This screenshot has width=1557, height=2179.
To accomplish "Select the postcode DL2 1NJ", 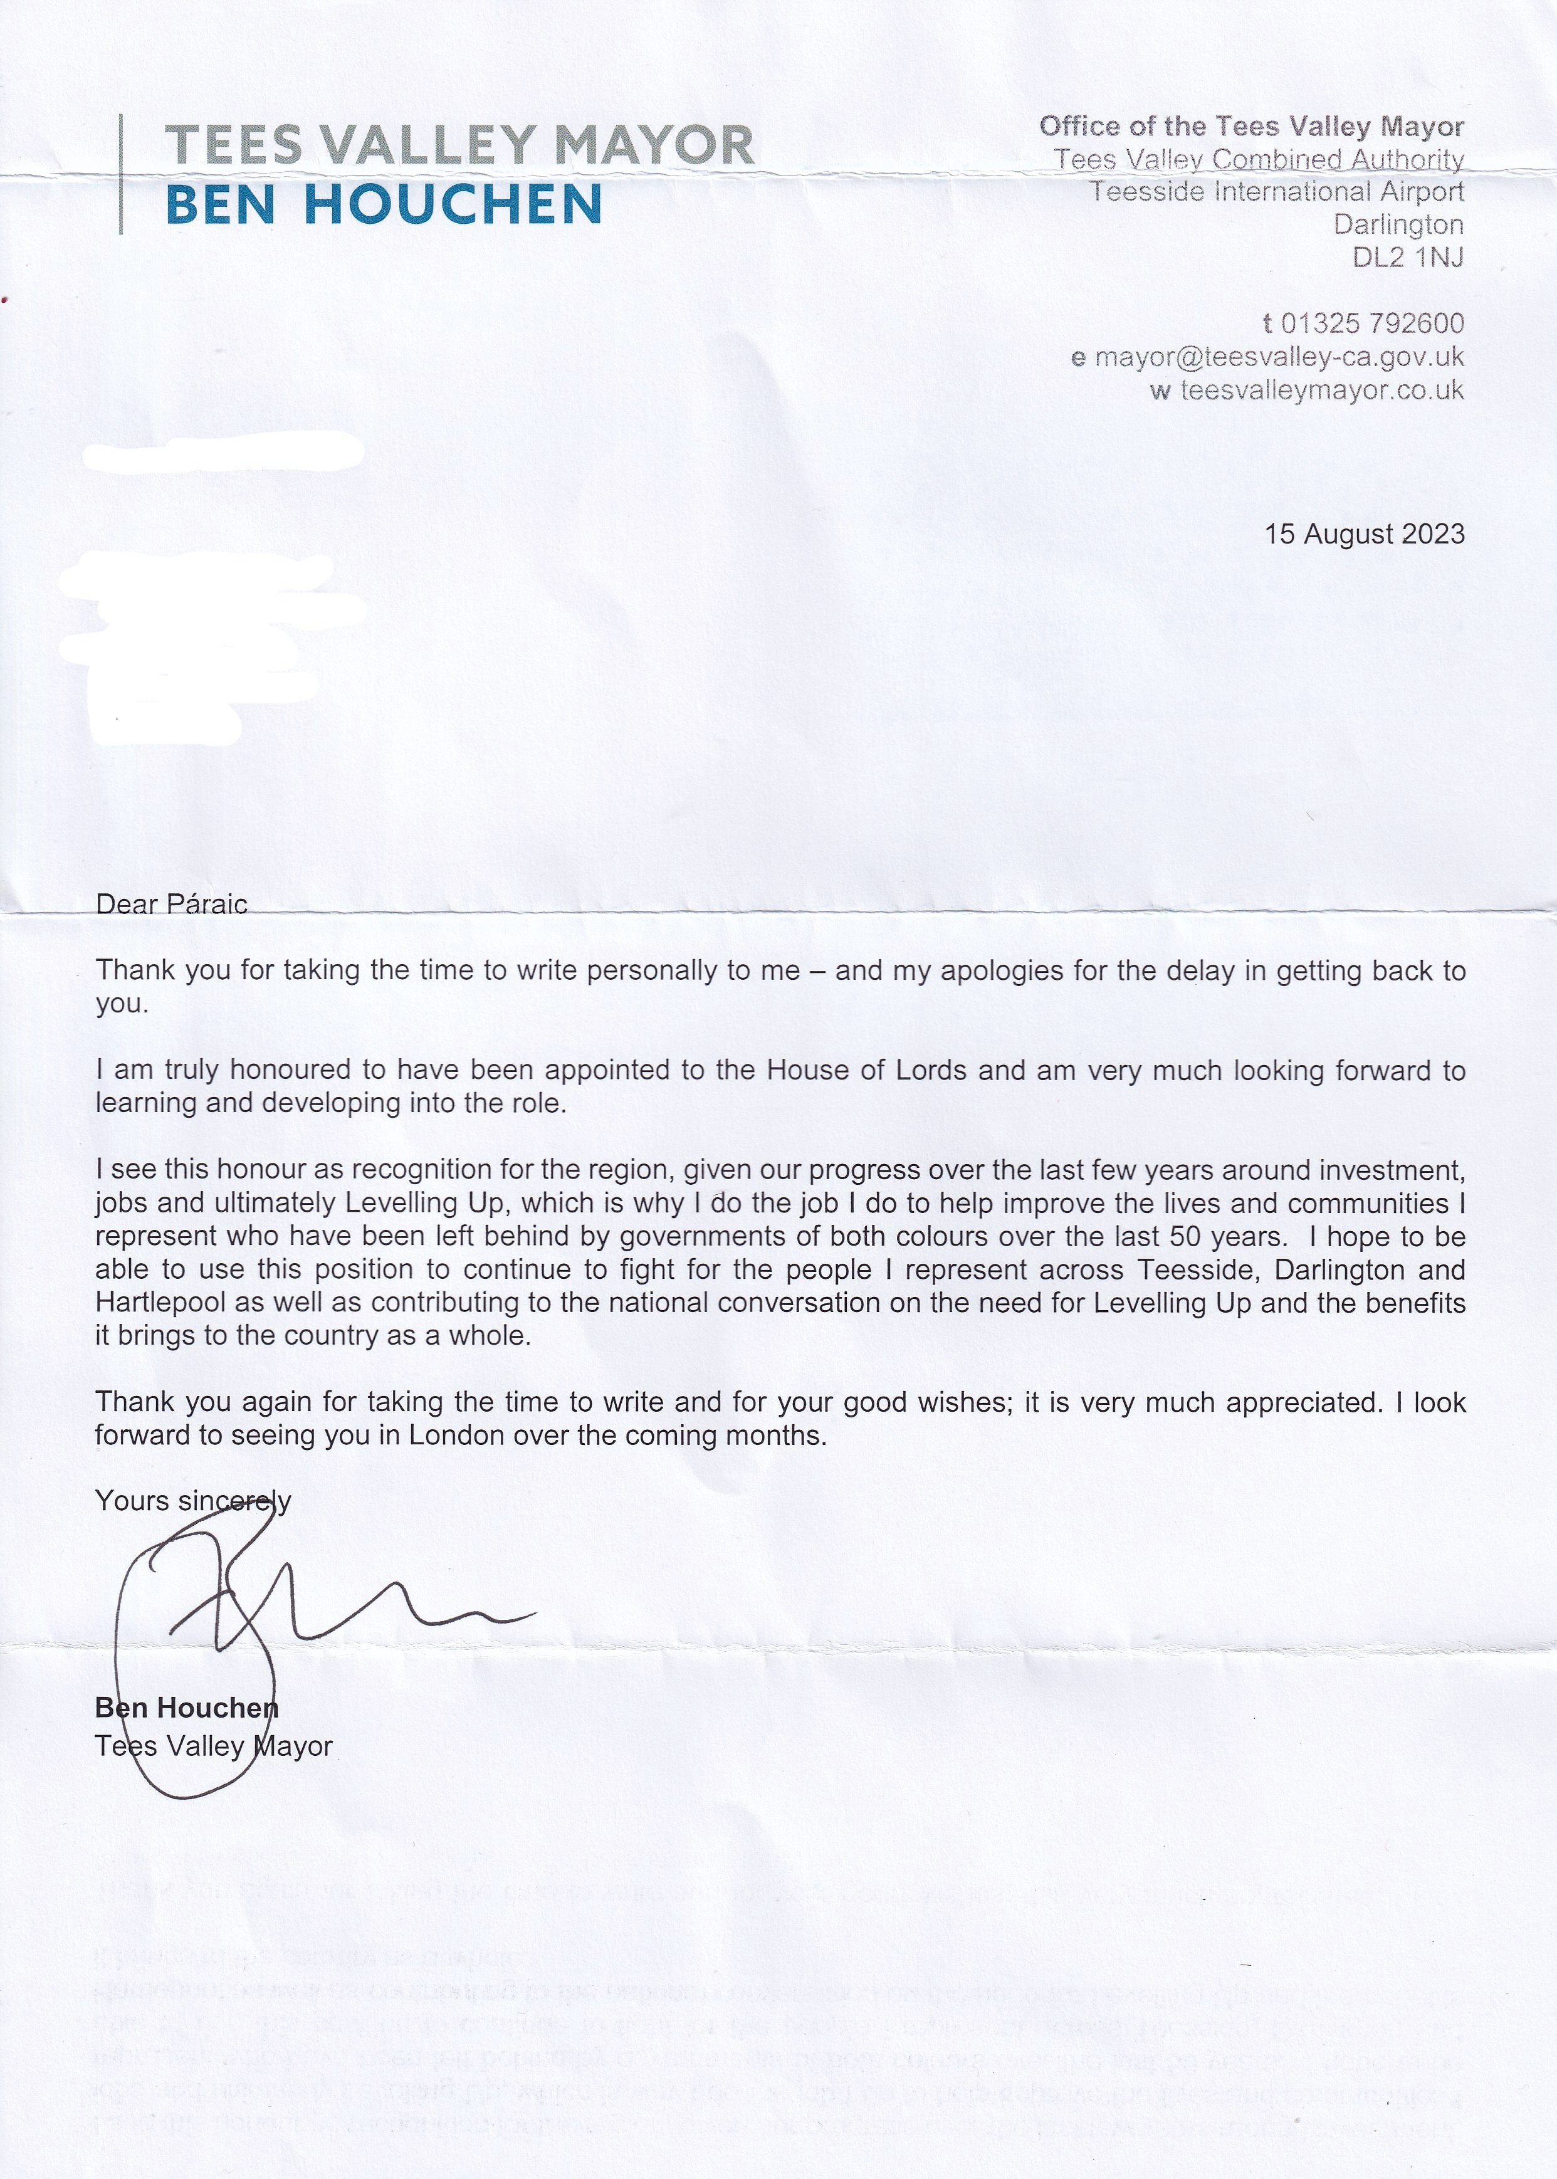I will (1407, 257).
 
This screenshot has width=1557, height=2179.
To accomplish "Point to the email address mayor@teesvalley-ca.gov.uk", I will (1279, 357).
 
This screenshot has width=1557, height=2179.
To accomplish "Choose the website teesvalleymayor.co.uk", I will (1321, 390).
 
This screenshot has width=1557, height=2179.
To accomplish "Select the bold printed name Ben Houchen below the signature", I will (186, 1708).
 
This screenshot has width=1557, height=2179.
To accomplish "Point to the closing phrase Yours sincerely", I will (192, 1500).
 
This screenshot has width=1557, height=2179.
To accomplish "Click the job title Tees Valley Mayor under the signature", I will (213, 1746).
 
